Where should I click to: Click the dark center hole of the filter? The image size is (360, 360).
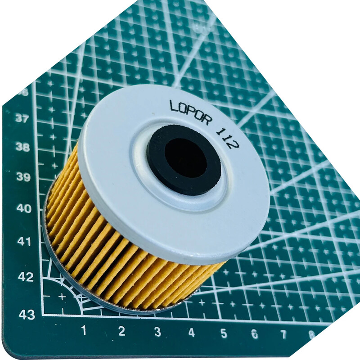(x=186, y=160)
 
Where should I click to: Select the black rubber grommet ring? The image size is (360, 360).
(x=184, y=161)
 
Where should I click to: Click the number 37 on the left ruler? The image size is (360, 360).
(x=22, y=119)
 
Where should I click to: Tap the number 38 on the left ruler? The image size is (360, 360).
(x=22, y=147)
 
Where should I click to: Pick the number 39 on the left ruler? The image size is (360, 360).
(x=23, y=177)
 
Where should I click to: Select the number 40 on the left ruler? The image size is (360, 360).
(x=24, y=209)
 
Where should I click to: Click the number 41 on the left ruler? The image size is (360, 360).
(x=24, y=242)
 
